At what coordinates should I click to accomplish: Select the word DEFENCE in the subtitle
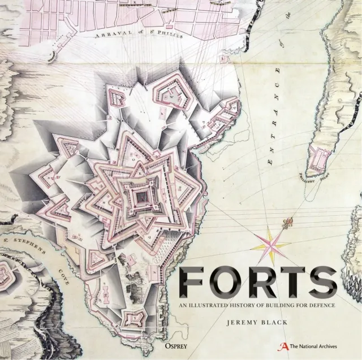pos(321,306)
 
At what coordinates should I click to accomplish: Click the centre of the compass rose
pos(271,244)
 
